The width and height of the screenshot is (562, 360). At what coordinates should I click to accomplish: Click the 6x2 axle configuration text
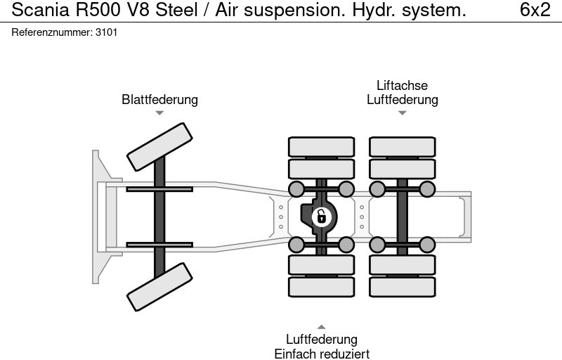click(535, 10)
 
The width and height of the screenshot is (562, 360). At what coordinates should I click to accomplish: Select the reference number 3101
click(107, 33)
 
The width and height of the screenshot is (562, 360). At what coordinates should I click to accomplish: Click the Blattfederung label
click(159, 100)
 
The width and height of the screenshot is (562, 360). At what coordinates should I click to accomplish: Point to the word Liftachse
click(402, 86)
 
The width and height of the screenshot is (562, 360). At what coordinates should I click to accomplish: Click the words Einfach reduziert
click(322, 354)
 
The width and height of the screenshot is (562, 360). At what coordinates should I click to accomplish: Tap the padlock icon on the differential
click(321, 217)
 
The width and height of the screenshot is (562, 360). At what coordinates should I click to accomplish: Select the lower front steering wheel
click(159, 286)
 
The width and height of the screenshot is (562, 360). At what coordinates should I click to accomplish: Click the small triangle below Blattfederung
click(159, 112)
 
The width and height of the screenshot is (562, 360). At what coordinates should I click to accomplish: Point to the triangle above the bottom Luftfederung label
click(321, 327)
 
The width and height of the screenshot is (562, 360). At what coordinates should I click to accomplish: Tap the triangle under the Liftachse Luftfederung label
click(402, 112)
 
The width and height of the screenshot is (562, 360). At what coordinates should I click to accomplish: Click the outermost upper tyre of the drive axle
click(321, 146)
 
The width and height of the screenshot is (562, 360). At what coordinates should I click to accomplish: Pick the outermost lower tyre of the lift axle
click(402, 287)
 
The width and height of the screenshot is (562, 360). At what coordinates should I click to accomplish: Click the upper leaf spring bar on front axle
click(159, 188)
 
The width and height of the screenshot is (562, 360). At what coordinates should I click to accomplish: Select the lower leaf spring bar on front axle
click(159, 245)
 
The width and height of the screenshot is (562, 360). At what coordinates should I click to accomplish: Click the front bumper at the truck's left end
click(100, 217)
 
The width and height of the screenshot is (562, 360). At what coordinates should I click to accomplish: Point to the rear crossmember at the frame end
click(466, 217)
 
